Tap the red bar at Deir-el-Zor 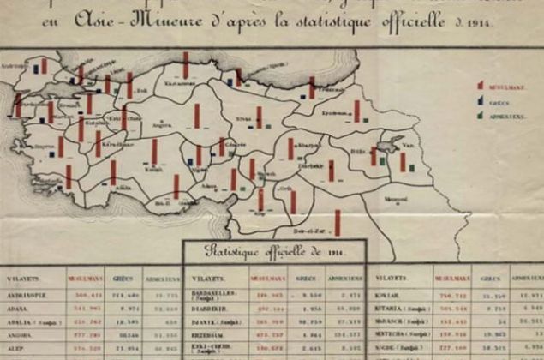tap(338, 223)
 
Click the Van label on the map tap(409, 147)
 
